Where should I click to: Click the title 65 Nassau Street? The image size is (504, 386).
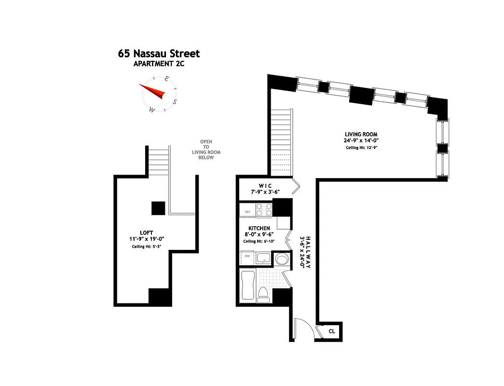tap(159, 54)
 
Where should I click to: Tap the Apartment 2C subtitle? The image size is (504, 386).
tap(159, 63)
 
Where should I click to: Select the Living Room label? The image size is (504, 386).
tap(361, 134)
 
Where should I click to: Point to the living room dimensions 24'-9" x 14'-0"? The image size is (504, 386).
tap(361, 141)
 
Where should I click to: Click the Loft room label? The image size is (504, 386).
tap(143, 233)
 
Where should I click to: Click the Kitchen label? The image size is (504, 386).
tap(259, 228)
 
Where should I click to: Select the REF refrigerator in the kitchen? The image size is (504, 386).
tap(247, 211)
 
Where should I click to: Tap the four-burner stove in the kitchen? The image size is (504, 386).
tap(264, 210)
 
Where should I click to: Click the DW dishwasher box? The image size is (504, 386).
tap(247, 257)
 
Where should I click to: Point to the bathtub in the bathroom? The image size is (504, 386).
tap(247, 285)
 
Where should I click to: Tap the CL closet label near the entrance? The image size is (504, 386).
tap(332, 331)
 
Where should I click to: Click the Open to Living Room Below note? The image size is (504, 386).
tap(206, 150)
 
